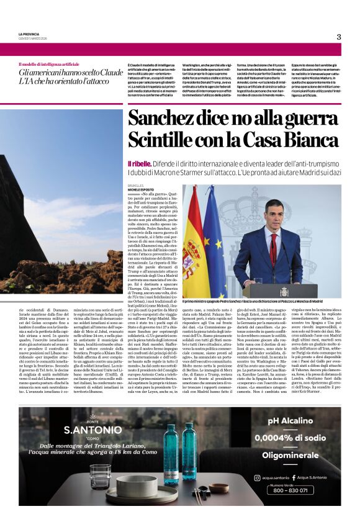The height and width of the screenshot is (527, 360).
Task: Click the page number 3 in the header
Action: tap(339, 37)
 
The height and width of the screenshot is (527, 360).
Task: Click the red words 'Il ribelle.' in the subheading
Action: tap(140, 161)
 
